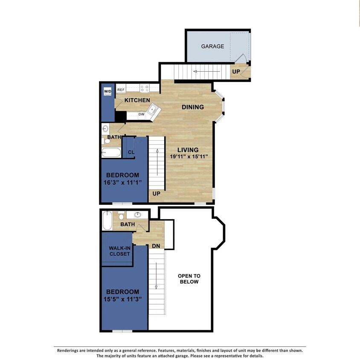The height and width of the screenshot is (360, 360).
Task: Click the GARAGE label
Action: click(x=212, y=46)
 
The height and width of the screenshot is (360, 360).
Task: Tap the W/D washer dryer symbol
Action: click(x=107, y=91)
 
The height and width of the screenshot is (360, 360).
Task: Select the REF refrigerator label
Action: click(x=121, y=90)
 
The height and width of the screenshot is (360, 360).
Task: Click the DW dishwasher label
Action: click(x=141, y=114)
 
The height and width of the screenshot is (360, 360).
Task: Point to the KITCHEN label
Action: click(x=137, y=100)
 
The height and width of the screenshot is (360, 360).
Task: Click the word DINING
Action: click(x=193, y=107)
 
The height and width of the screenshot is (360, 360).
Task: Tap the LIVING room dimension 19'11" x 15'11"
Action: click(x=188, y=157)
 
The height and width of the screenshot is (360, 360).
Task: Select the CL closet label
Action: click(x=131, y=152)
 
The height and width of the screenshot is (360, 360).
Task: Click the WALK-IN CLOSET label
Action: click(x=119, y=251)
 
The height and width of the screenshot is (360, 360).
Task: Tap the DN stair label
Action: click(x=156, y=246)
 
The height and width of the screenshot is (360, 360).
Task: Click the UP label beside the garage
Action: click(x=236, y=72)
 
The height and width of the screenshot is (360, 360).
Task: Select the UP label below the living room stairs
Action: click(x=157, y=194)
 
